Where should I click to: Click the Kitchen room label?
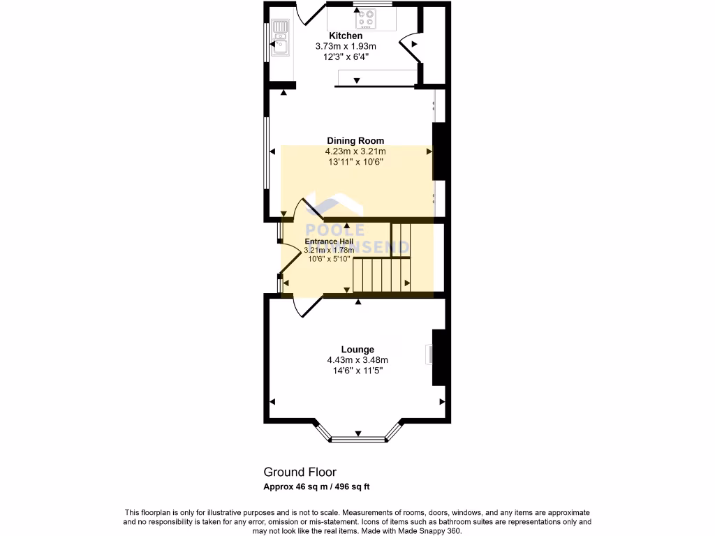346,36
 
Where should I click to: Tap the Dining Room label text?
355,140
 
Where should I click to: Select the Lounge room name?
357,349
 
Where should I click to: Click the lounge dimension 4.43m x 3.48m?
357,360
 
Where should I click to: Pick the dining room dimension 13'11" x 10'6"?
355,162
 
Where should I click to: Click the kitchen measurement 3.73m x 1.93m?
346,46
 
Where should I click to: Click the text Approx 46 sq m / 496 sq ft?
320,486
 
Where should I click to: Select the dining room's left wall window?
265,153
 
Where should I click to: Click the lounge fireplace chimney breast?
438,357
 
